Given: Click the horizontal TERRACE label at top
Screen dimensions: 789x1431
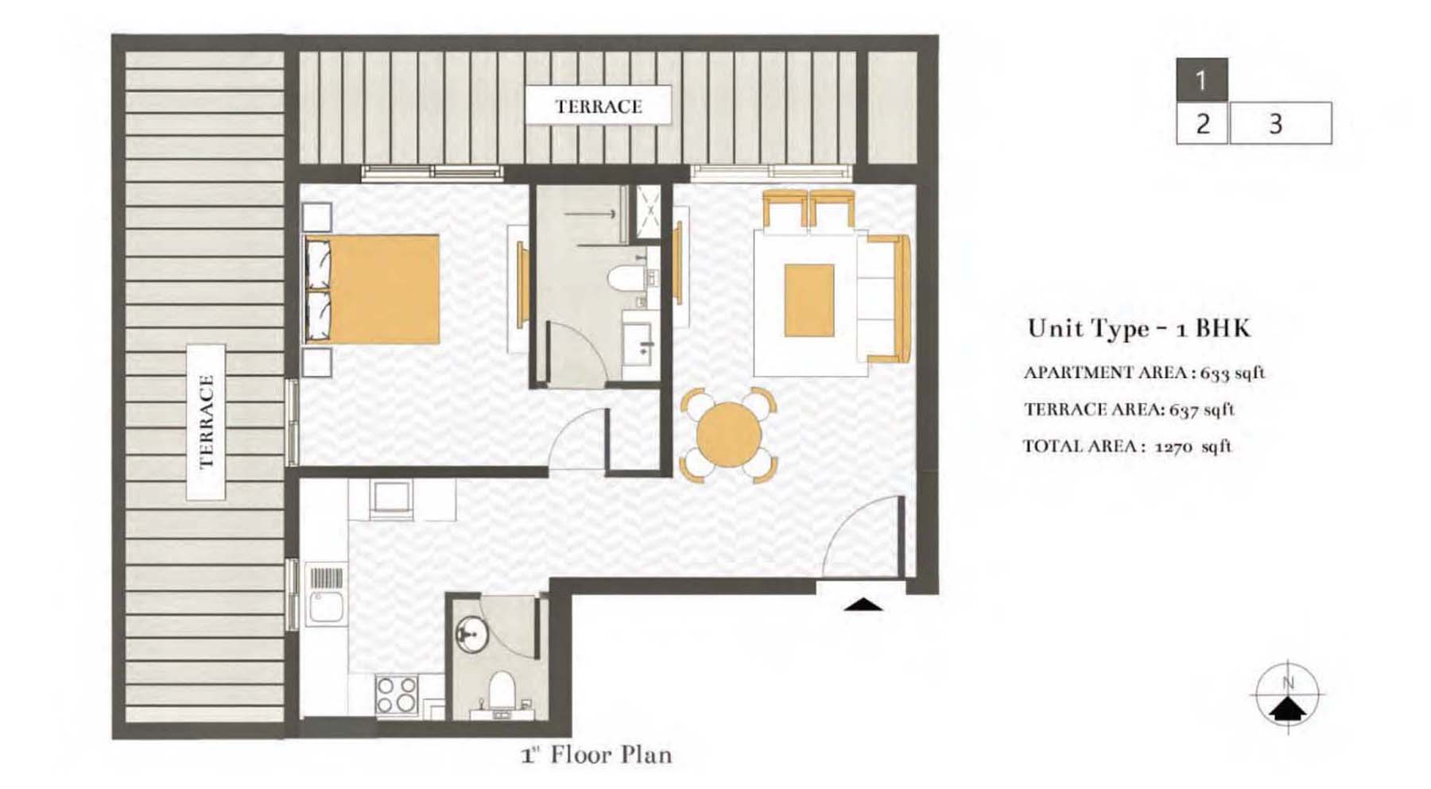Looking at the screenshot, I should pos(598,106).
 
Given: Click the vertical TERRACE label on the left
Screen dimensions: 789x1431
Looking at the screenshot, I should pos(206,422).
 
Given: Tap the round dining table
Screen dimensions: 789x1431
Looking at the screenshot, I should pos(728,435).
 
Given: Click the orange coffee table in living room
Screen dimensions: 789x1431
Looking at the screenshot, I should pos(809,300).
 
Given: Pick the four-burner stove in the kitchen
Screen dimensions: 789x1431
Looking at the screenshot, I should pos(396,694).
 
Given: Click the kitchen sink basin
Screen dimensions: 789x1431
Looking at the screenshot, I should pos(325,607).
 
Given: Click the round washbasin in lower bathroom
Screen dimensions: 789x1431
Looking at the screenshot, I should pos(471,634).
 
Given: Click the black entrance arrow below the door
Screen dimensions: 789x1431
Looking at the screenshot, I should pos(863,605).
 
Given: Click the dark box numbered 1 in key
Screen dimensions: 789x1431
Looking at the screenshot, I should pos(1201,79).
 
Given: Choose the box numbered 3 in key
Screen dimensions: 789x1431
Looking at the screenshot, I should pos(1280,123).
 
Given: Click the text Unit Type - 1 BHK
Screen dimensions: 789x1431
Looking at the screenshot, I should pos(1138,328).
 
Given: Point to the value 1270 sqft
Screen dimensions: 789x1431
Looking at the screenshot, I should pos(1192,447).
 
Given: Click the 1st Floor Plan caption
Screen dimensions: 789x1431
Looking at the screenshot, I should pos(596,754).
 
